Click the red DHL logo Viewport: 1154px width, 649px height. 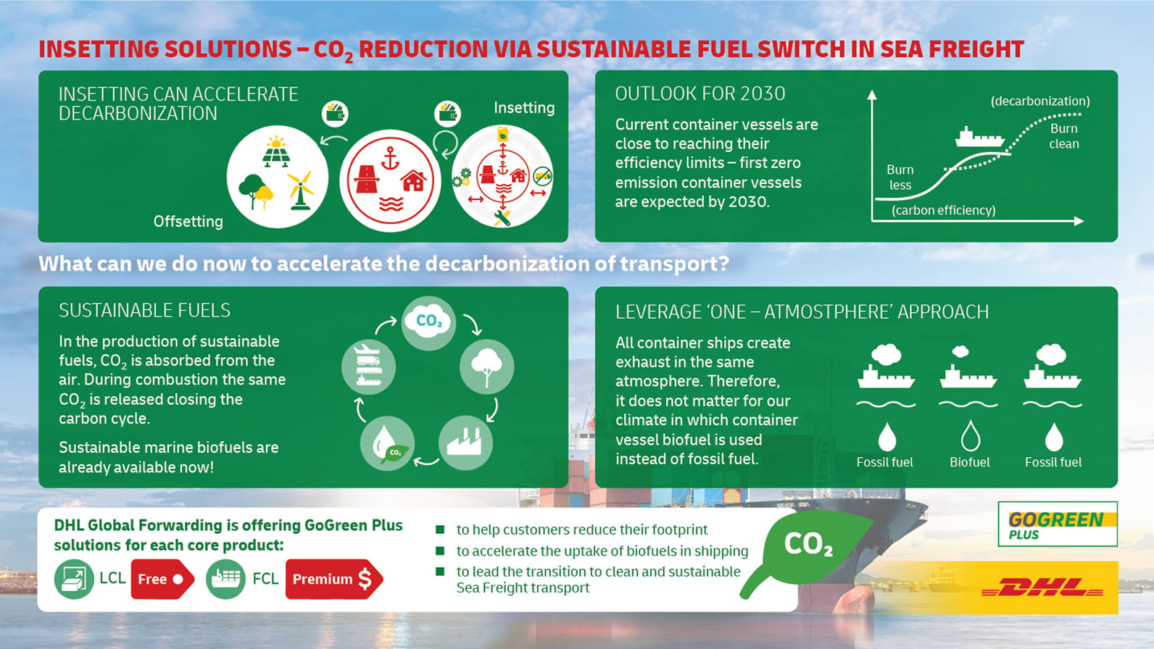click(1042, 587)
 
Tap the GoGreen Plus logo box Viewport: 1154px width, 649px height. click(1057, 524)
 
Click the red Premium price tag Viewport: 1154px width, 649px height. click(334, 579)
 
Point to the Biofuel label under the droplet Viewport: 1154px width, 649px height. click(970, 462)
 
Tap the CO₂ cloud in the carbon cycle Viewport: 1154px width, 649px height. click(428, 321)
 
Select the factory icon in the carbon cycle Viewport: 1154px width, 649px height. click(465, 442)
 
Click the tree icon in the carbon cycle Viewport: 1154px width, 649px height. click(486, 367)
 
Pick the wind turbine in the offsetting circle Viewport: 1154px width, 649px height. click(300, 190)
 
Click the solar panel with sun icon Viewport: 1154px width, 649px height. click(276, 152)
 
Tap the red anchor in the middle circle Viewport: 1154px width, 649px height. click(390, 157)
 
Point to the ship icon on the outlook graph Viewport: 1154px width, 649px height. click(979, 137)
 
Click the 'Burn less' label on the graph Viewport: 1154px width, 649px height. click(900, 177)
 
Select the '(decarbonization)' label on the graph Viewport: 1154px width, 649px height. click(1040, 101)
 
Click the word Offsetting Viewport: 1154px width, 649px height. click(188, 222)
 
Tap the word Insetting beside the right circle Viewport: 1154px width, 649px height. click(524, 108)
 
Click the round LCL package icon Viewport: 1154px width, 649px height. click(74, 579)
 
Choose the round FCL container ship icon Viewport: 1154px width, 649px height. click(225, 579)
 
